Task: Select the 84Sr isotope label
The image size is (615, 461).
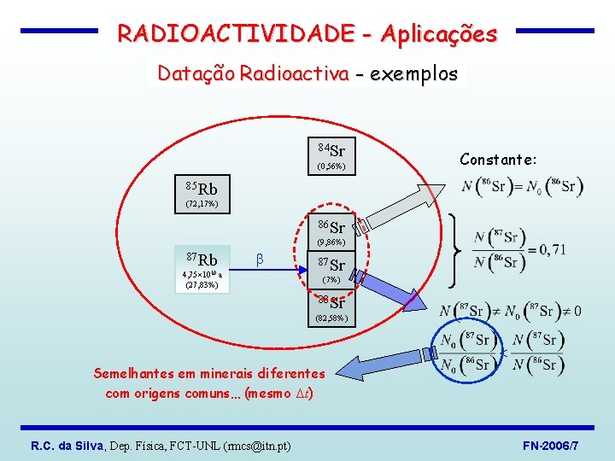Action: click(331, 150)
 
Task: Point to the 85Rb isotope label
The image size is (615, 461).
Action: click(202, 188)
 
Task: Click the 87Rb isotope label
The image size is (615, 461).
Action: click(202, 259)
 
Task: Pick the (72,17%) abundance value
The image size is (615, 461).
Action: click(202, 204)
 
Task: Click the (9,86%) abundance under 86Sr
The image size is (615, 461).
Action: click(331, 243)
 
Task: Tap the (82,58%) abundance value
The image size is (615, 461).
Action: click(331, 318)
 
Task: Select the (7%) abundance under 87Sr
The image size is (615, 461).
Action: click(331, 280)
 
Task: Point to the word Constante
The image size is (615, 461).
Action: click(496, 160)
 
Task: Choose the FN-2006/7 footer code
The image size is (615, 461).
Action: click(552, 446)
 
